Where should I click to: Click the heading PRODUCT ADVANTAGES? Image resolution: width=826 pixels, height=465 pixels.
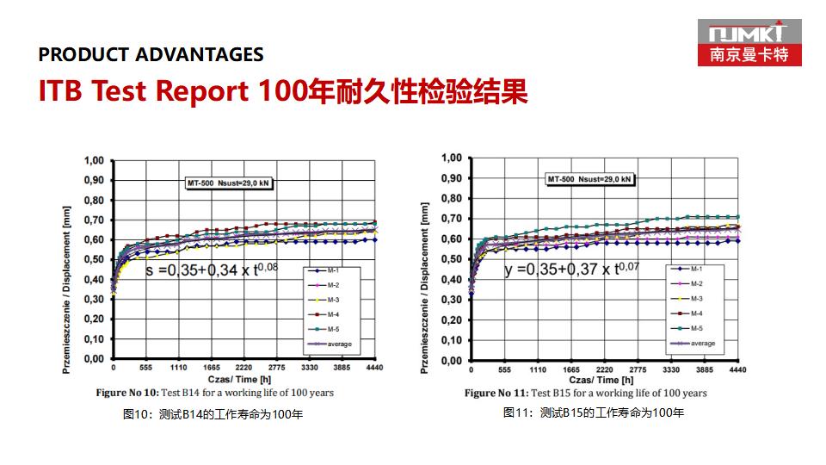point(151,55)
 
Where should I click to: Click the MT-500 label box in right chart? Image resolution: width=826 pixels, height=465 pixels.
point(589,179)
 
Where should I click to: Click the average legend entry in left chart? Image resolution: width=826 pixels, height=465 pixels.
point(331,344)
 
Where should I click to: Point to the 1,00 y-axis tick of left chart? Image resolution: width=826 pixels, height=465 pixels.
point(94,161)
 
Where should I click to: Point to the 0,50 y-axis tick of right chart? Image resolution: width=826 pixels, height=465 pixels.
point(452,259)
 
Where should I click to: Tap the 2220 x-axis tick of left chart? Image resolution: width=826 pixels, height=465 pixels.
point(243,368)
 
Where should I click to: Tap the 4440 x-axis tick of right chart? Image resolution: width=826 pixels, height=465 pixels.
point(737,369)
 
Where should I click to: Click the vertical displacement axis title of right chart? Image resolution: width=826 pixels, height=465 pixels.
point(424,288)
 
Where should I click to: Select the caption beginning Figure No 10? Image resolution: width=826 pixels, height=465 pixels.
point(214,393)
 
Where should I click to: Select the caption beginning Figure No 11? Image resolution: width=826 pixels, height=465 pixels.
point(585,393)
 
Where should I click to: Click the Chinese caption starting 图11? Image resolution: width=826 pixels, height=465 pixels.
point(594,413)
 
